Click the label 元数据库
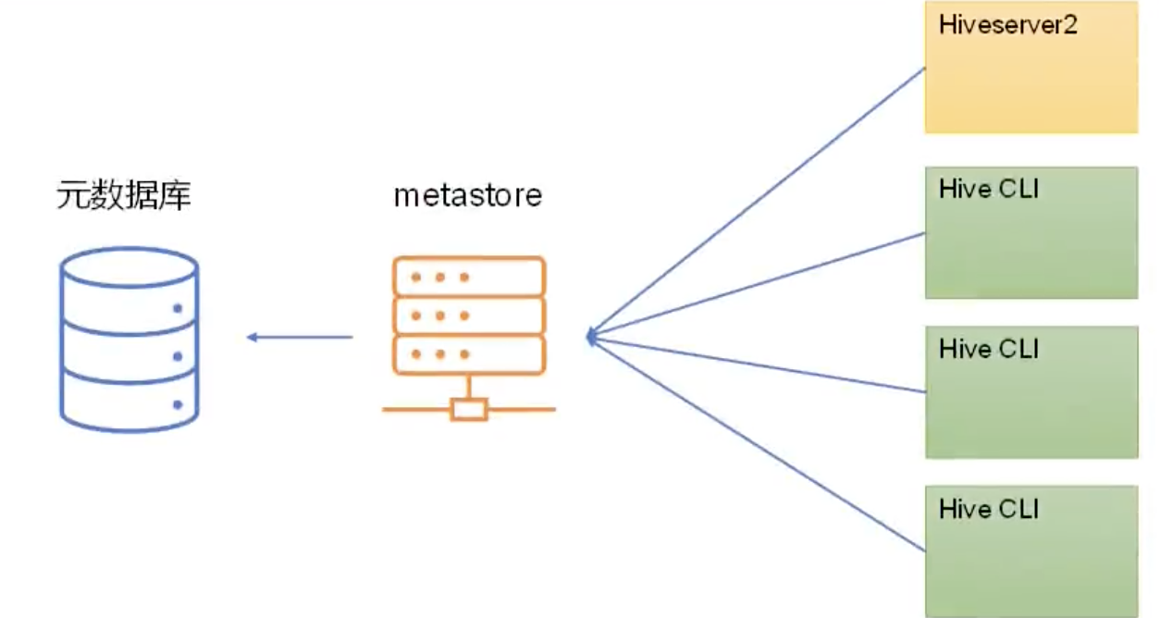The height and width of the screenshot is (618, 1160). [x=123, y=196]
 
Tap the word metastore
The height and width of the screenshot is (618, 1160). [x=467, y=196]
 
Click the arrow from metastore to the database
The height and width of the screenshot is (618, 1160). [x=300, y=337]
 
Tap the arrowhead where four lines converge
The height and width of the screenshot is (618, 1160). [x=591, y=337]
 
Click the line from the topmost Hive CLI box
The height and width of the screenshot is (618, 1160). [x=759, y=284]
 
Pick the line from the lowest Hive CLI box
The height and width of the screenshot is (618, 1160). [x=759, y=444]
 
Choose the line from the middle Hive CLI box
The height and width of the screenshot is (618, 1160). [x=759, y=365]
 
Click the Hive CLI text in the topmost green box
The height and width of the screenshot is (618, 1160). [x=989, y=190]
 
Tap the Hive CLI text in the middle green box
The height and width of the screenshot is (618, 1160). [x=989, y=349]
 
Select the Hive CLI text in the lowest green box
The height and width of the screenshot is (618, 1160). [x=989, y=509]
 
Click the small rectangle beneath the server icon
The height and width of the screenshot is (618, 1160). [x=469, y=409]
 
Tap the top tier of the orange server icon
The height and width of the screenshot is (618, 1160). [x=468, y=277]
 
